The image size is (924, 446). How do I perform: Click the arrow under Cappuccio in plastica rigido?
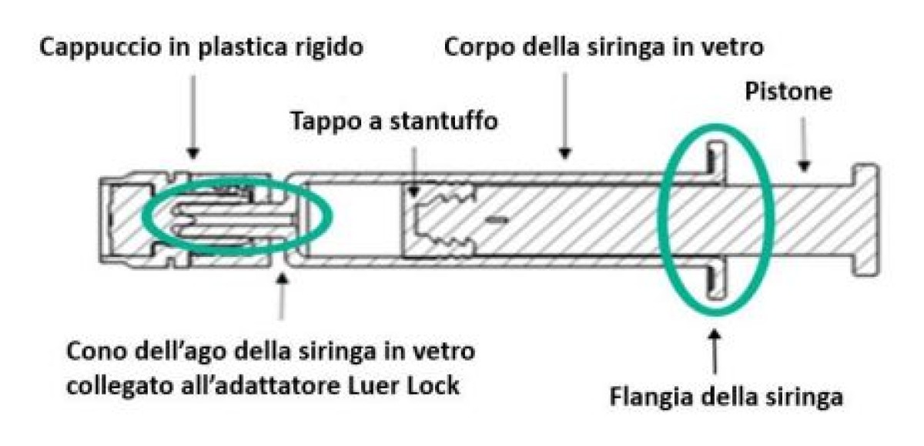[192, 115]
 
